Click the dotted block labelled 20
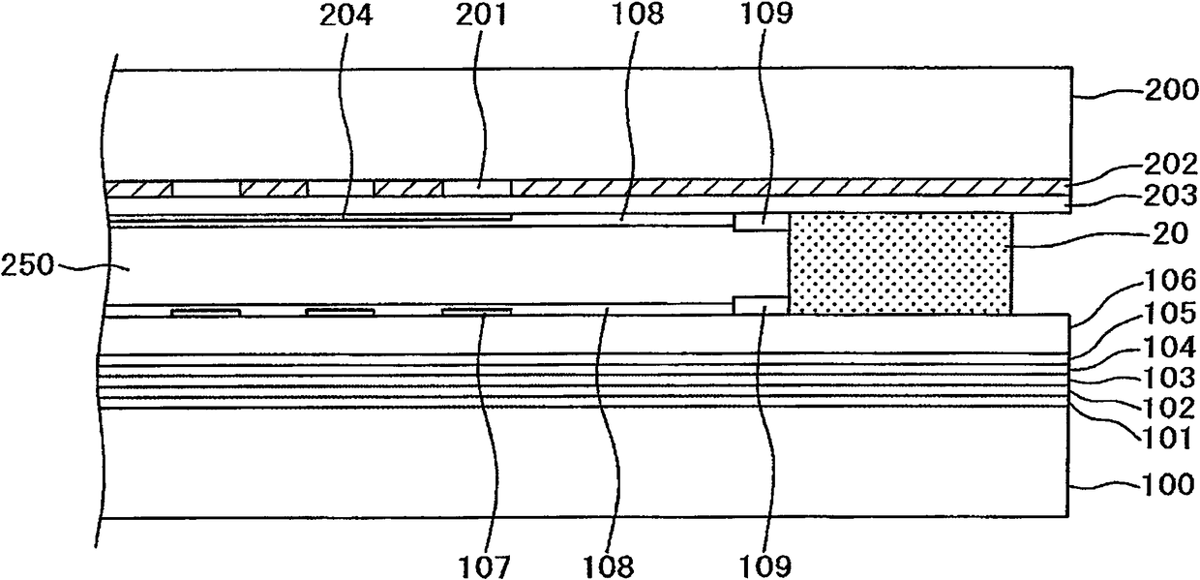coord(900,263)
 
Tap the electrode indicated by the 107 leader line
coord(476,311)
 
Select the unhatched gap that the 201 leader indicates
coord(477,187)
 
